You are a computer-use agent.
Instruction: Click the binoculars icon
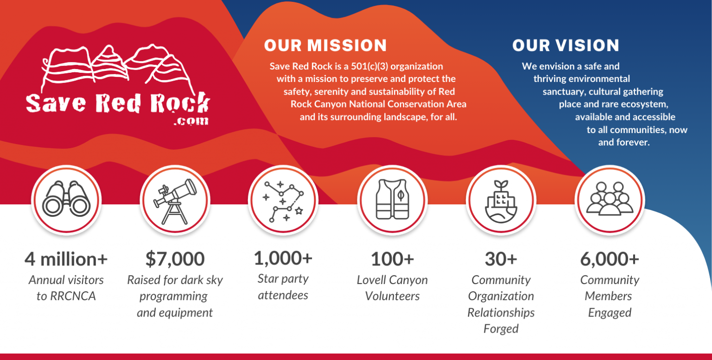click(66, 200)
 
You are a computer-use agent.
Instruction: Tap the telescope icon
click(175, 200)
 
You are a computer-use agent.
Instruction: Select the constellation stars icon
click(283, 200)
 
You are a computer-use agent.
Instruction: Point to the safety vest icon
click(392, 200)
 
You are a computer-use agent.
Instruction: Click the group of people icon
click(610, 200)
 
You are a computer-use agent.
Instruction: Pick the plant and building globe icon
click(501, 200)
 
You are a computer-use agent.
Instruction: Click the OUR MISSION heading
click(325, 45)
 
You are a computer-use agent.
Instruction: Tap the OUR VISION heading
click(566, 45)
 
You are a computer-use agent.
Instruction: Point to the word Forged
click(501, 329)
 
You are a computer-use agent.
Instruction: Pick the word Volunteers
click(392, 296)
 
